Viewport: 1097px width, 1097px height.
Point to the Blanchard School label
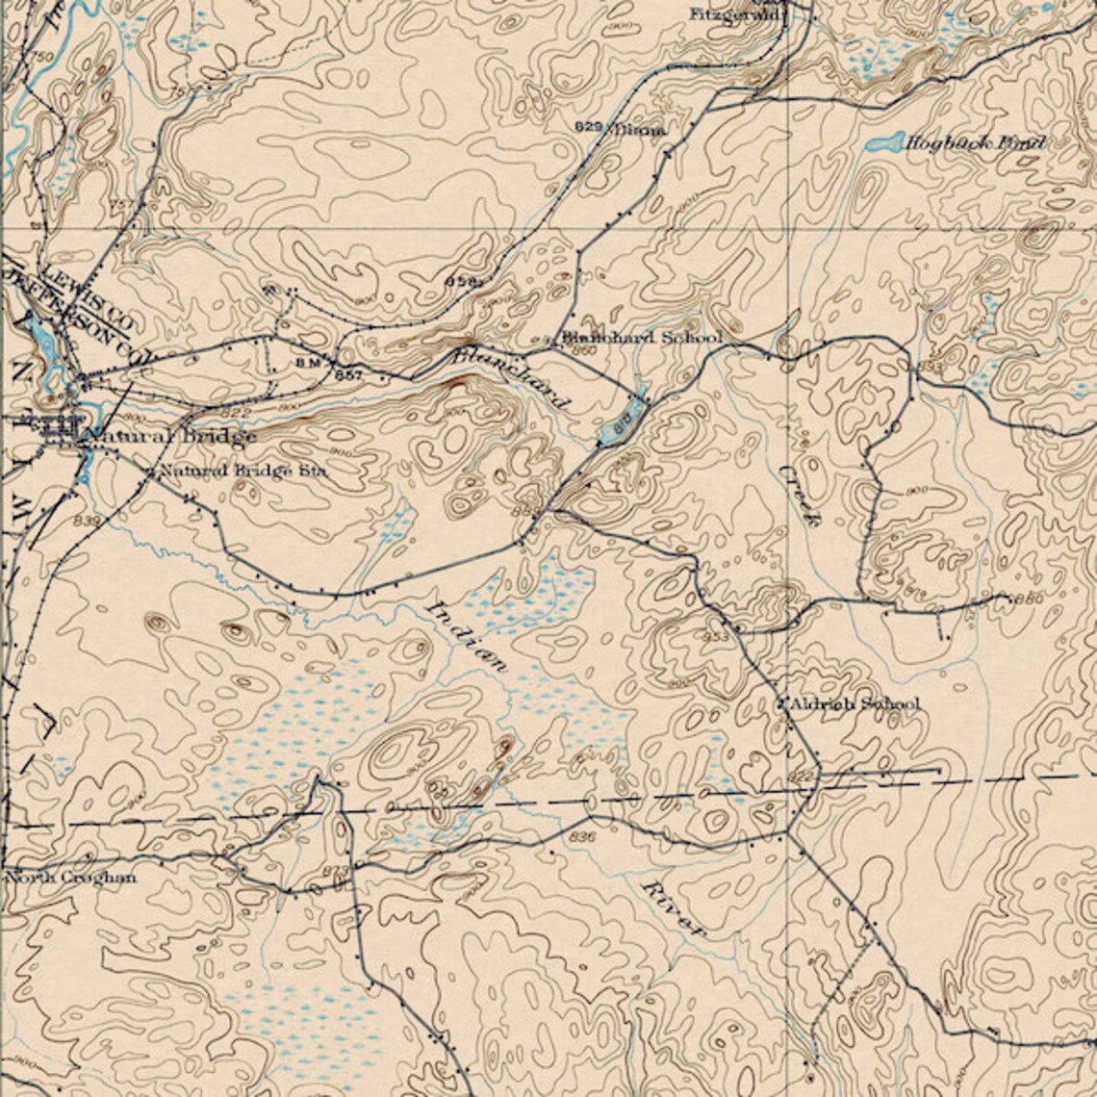point(642,338)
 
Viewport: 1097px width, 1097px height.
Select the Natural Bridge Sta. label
point(242,472)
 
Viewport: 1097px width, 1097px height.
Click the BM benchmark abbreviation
point(307,362)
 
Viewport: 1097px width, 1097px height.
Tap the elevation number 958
point(461,281)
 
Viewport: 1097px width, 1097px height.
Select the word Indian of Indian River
point(466,636)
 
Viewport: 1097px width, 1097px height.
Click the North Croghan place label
point(70,878)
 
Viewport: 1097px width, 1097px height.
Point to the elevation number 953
point(715,637)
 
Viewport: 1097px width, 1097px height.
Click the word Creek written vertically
point(802,495)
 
